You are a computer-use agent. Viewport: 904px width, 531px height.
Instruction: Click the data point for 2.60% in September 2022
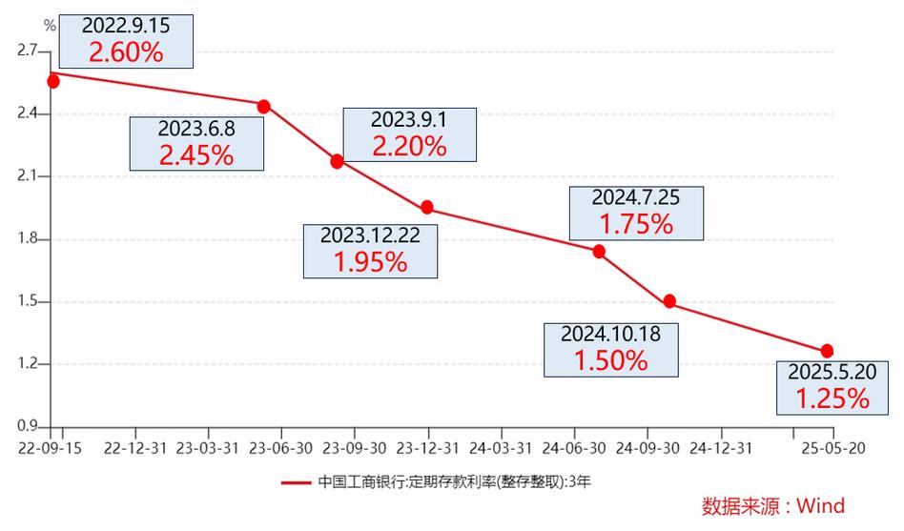click(x=53, y=81)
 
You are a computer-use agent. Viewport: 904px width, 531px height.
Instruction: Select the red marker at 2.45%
click(x=264, y=106)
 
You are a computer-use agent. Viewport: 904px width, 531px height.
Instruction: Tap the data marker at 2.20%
click(x=337, y=161)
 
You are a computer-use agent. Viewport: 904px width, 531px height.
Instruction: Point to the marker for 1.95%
click(x=427, y=207)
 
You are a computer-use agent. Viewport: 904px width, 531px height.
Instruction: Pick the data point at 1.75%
click(x=599, y=251)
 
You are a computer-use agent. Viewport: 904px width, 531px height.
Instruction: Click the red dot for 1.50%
click(x=669, y=301)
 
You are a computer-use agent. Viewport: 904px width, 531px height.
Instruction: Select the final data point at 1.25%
click(x=827, y=351)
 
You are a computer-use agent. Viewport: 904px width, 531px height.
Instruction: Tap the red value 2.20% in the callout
click(x=409, y=146)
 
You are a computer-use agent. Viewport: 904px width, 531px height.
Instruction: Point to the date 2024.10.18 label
click(x=611, y=335)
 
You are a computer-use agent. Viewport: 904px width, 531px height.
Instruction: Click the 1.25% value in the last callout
click(x=832, y=398)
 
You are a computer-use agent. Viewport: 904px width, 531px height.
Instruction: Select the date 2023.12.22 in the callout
click(x=370, y=235)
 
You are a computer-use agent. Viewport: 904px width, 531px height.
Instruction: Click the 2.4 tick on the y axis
click(x=28, y=113)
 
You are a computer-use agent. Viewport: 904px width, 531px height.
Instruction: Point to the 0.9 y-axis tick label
click(x=28, y=427)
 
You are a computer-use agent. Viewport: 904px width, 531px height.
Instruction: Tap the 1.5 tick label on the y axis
click(x=28, y=301)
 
